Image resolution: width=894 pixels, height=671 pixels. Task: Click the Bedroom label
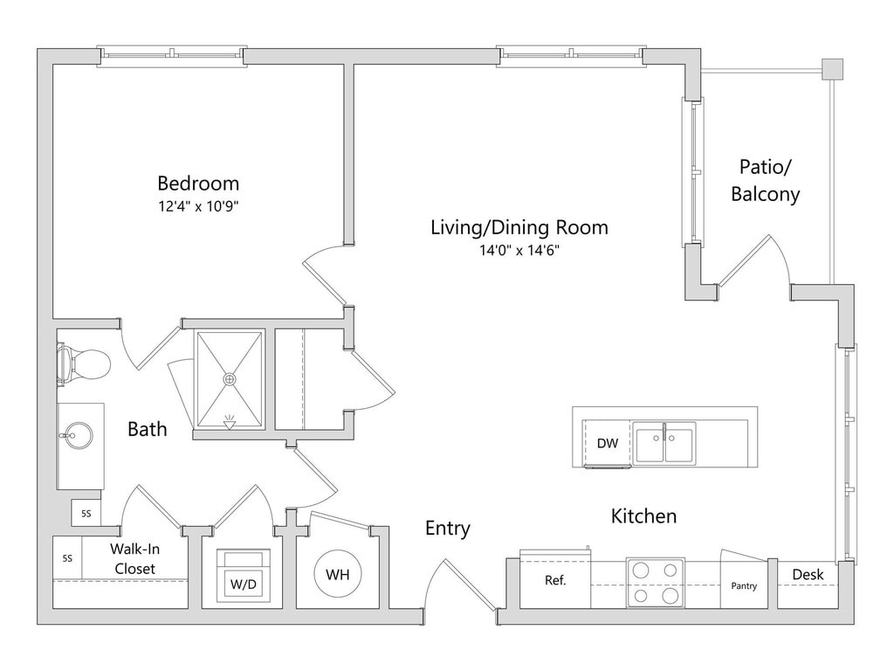[198, 183]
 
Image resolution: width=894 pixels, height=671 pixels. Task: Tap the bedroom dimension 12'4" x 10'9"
[198, 207]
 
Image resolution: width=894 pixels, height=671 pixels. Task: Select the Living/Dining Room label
[519, 228]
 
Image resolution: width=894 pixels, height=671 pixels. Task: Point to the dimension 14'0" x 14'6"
[519, 251]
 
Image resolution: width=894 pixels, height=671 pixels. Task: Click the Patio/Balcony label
[766, 180]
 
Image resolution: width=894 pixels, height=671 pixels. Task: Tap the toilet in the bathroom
[85, 363]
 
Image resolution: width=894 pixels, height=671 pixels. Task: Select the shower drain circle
[229, 379]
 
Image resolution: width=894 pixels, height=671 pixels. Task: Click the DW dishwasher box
[608, 443]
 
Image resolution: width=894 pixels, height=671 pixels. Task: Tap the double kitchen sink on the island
[664, 443]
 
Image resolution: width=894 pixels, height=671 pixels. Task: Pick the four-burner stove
[656, 583]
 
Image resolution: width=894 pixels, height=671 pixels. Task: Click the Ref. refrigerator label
[554, 580]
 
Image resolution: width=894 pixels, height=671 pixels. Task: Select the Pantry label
[744, 586]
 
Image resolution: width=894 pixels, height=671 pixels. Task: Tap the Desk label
[808, 575]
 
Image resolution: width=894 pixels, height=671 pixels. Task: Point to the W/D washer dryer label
[243, 583]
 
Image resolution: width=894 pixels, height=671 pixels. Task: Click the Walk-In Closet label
[134, 558]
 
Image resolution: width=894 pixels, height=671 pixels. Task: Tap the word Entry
[448, 529]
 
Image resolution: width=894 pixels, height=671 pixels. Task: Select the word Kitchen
[643, 516]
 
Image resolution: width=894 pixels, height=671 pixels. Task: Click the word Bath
[147, 429]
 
